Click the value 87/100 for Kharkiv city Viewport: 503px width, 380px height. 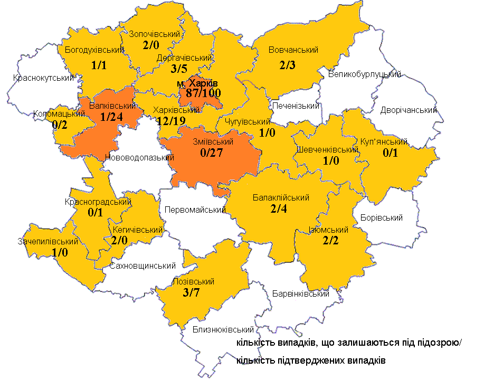[x=199, y=93]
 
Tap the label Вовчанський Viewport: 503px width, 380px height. [x=293, y=50]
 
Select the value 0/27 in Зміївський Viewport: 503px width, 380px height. [x=211, y=153]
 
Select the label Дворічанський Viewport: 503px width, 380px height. [x=409, y=110]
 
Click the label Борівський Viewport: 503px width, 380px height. [x=381, y=217]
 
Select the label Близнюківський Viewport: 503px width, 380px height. [x=220, y=330]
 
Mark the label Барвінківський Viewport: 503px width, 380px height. [x=300, y=294]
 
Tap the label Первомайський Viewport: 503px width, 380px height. [x=195, y=210]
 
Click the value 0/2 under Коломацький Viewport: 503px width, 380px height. [x=60, y=125]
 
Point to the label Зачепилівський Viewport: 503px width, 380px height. [x=48, y=242]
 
